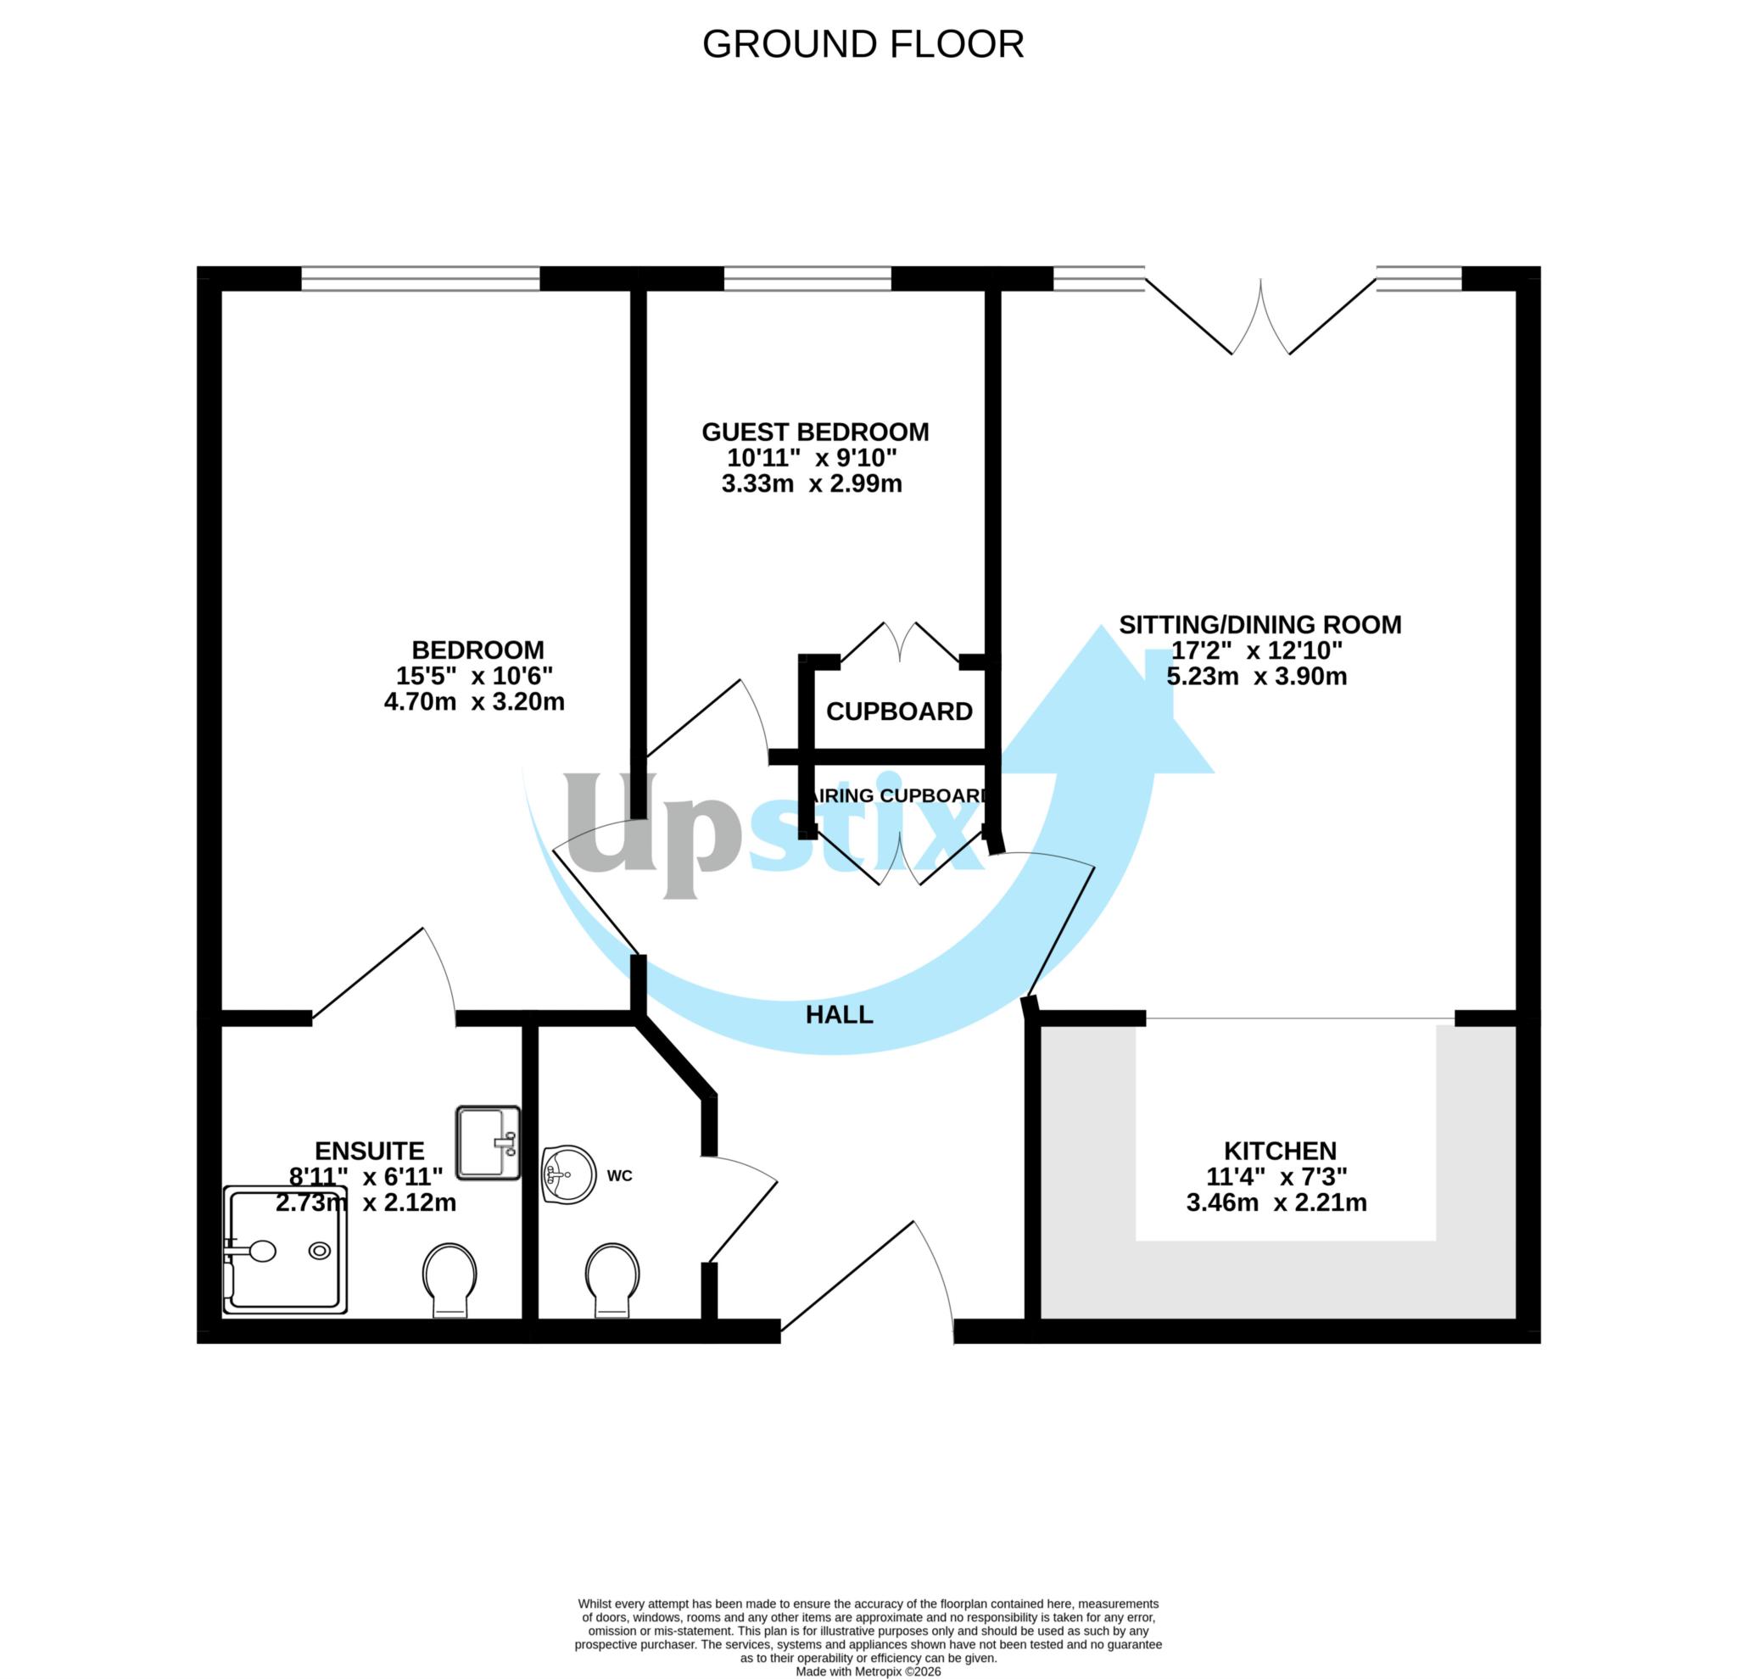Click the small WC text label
point(619,1176)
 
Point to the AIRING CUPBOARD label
point(896,795)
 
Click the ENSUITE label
point(370,1151)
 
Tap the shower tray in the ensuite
point(284,1250)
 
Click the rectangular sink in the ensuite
point(488,1142)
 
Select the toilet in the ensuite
point(450,1280)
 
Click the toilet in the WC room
point(612,1280)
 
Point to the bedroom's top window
point(420,278)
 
